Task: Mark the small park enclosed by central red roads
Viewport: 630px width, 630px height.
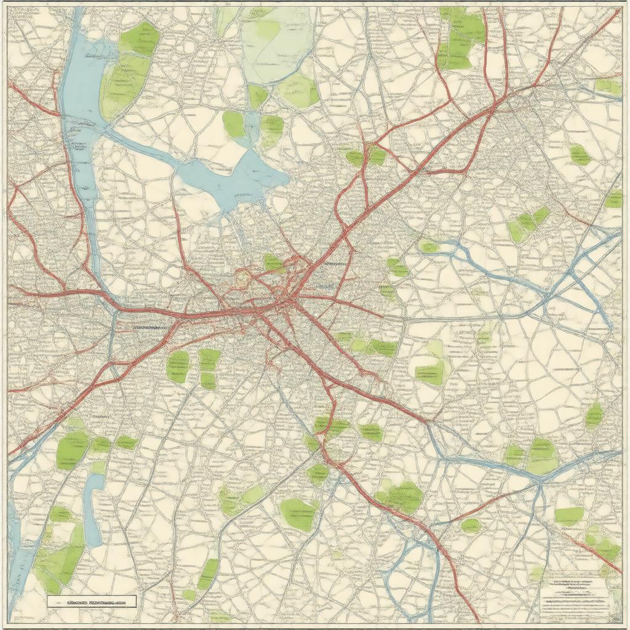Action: point(273,263)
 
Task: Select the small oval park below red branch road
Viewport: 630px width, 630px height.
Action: point(471,525)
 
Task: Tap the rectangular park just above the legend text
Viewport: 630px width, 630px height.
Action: point(568,516)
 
